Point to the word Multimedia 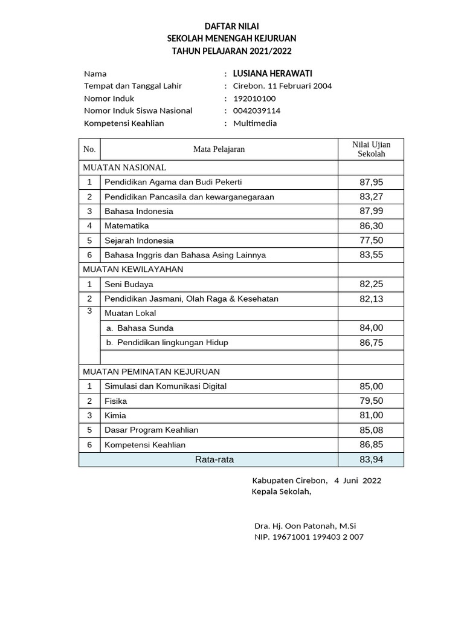[255, 123]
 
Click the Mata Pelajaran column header [219, 149]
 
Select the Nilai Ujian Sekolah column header [371, 149]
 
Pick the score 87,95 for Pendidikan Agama [371, 182]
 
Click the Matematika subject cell [126, 225]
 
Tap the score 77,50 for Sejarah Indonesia [371, 241]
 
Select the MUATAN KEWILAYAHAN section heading [133, 269]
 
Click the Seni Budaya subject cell [129, 284]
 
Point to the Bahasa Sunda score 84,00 [371, 328]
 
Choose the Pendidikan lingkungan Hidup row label [167, 343]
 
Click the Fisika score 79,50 [371, 401]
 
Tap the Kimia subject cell [115, 416]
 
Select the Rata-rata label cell [214, 460]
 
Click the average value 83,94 [371, 460]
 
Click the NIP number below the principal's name [309, 537]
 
